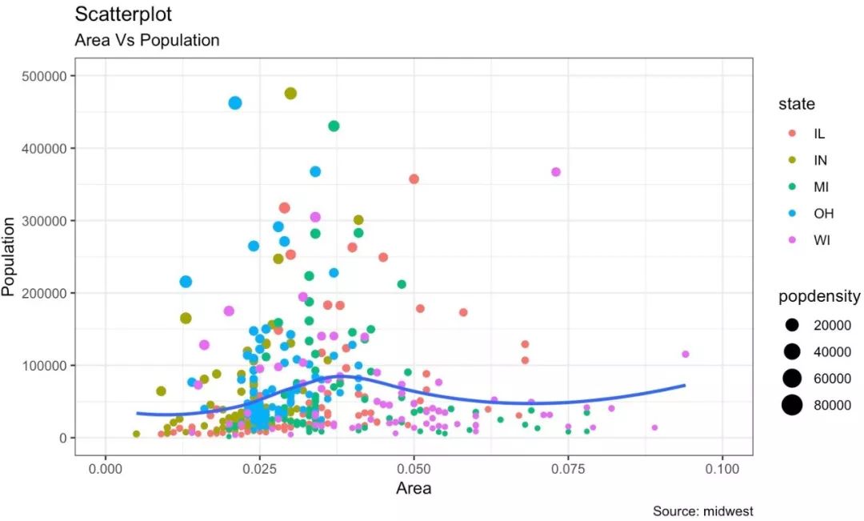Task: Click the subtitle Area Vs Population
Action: tap(146, 40)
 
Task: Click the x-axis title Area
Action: tap(414, 487)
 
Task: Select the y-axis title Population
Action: tap(10, 256)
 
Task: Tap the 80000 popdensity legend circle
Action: tap(792, 406)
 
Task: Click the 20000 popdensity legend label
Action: tap(832, 325)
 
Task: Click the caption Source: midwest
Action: tap(702, 511)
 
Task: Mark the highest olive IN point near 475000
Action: tap(290, 94)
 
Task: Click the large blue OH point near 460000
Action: tap(235, 102)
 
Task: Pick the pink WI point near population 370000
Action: tap(556, 172)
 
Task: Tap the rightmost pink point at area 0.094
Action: tap(686, 354)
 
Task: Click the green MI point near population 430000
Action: tap(334, 126)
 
